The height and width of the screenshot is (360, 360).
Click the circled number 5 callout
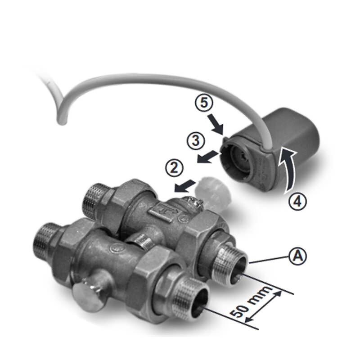(x=204, y=103)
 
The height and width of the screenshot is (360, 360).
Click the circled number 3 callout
(x=196, y=140)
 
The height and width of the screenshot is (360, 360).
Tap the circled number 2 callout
(x=175, y=168)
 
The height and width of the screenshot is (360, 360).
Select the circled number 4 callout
(x=297, y=202)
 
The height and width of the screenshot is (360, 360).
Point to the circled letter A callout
(x=297, y=256)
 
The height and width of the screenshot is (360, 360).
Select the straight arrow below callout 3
(x=208, y=157)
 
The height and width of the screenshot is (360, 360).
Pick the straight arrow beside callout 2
(x=185, y=185)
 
